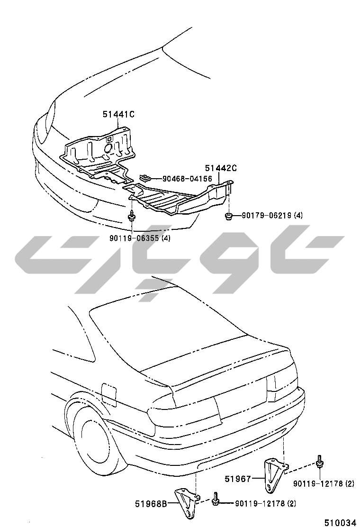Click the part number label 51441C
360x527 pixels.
(x=119, y=114)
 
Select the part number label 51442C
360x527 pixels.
(x=221, y=168)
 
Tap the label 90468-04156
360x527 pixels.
(x=187, y=179)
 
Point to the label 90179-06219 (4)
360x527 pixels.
(x=272, y=216)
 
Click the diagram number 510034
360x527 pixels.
(x=340, y=522)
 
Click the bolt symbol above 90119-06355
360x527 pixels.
(x=131, y=217)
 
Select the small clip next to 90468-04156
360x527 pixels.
(x=146, y=178)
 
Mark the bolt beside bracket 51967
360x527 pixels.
(x=320, y=462)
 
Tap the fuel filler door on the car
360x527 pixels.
(x=108, y=392)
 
